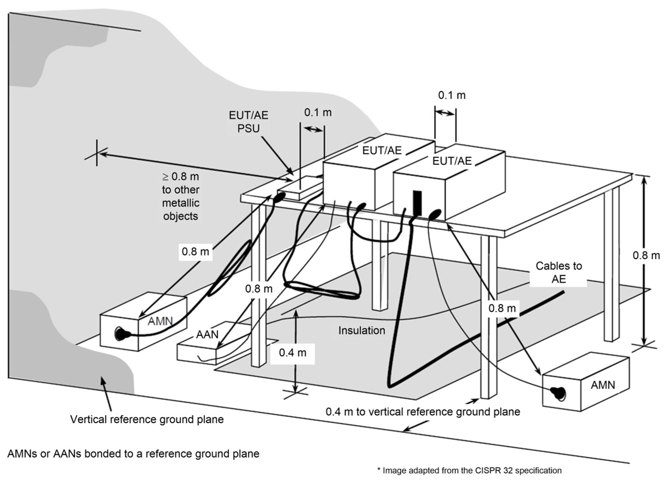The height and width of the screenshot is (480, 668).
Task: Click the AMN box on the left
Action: pyautogui.click(x=144, y=321)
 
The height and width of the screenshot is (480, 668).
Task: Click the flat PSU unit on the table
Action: pyautogui.click(x=300, y=187)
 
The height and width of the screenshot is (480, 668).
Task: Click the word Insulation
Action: pyautogui.click(x=362, y=330)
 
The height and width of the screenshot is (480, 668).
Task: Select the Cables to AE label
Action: pyautogui.click(x=559, y=272)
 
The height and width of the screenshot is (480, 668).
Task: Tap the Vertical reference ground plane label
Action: pyautogui.click(x=147, y=419)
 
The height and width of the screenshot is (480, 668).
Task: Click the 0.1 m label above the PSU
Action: pyautogui.click(x=318, y=113)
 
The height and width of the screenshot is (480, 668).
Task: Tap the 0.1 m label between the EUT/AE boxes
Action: pyautogui.click(x=452, y=95)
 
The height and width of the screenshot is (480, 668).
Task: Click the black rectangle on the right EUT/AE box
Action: pyautogui.click(x=416, y=204)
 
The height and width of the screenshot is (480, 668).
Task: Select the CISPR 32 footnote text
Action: pyautogui.click(x=469, y=470)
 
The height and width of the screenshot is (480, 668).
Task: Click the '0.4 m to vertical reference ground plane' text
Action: pyautogui.click(x=423, y=412)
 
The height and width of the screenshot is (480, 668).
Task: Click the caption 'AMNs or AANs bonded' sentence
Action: pyautogui.click(x=133, y=453)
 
